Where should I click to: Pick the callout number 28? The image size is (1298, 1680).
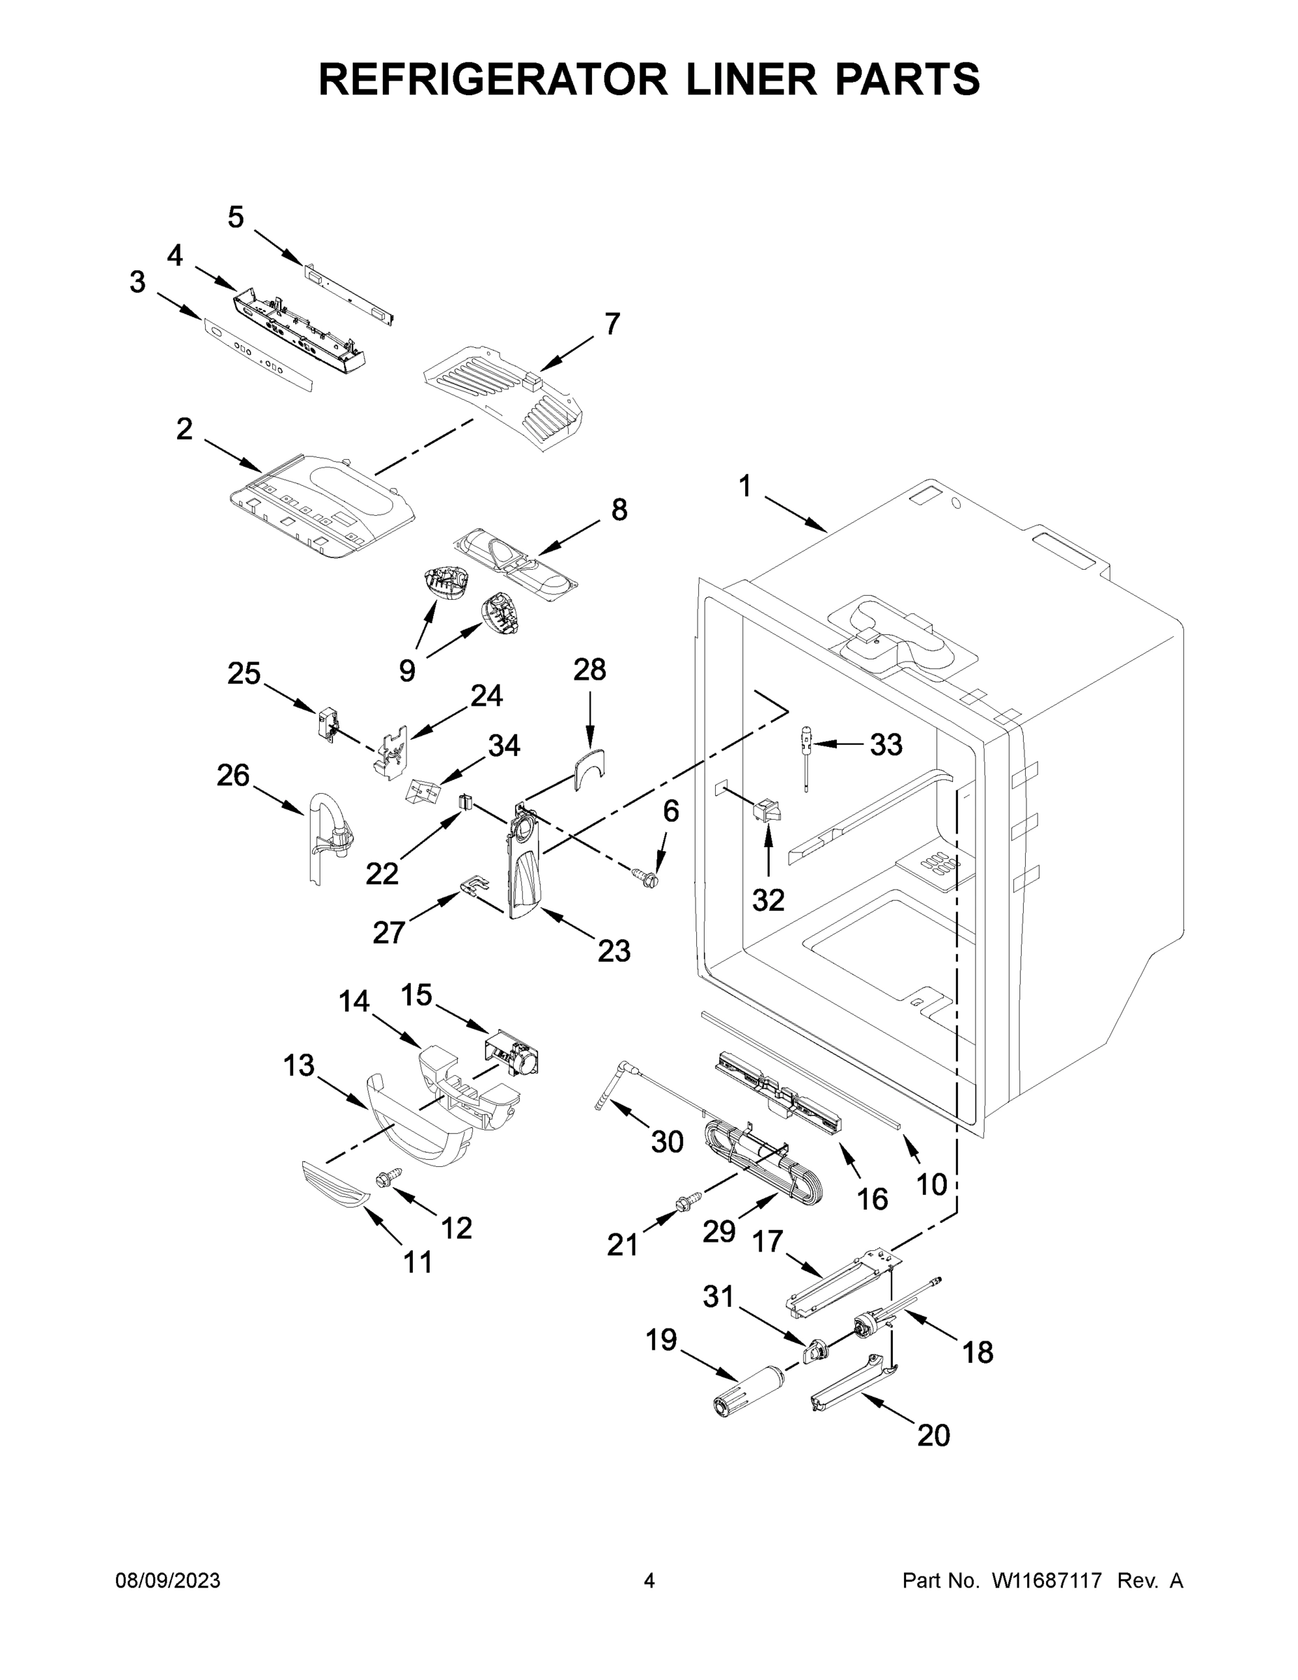coord(589,670)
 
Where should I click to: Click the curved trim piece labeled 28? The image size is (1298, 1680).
coord(591,768)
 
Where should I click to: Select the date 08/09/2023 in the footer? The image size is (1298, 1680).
coord(168,1581)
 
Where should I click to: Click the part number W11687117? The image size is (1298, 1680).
coord(1047,1581)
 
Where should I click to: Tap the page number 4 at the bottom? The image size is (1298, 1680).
coord(649,1581)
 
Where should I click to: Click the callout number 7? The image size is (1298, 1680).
coord(612,324)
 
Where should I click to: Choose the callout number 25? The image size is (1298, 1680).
coord(244,674)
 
